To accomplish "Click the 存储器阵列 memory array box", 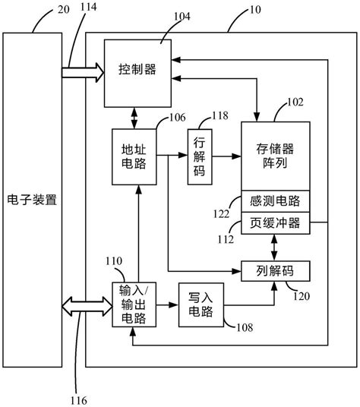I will click(275, 155).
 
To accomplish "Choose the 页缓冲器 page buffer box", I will click(275, 223).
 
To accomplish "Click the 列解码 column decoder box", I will click(275, 269).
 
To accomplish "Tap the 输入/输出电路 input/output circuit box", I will click(134, 304).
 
